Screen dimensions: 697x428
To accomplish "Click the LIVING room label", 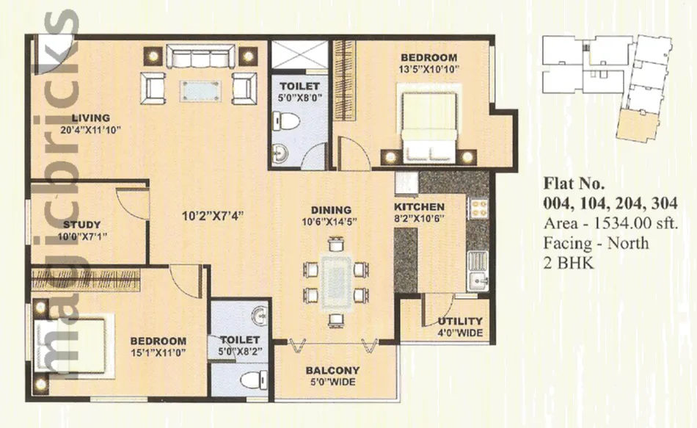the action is coord(91,118).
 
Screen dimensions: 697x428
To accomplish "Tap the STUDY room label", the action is coord(81,225).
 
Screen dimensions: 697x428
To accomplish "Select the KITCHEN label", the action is coord(419,207).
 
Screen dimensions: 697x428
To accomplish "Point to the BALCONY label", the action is coord(333,370).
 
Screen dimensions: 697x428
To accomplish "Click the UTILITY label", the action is coord(460,322).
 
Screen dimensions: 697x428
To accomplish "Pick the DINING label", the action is coord(331,210).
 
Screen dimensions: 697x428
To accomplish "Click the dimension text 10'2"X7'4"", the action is coord(213,217).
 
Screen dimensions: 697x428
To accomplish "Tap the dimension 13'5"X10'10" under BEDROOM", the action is coord(428,69).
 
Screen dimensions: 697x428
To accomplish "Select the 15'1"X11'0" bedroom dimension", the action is coord(158,353).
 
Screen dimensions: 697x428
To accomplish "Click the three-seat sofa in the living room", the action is coord(200,56).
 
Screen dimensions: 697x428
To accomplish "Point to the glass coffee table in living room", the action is coord(201,91).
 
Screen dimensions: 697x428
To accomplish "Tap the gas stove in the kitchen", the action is coord(479,208).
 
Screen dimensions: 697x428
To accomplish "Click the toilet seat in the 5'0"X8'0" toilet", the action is coord(286,121).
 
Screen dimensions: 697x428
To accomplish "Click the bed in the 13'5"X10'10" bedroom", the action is coord(428,127).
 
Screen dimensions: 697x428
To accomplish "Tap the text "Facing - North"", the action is coord(596,243).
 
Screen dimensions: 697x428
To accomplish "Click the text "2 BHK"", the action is coord(568,263).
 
